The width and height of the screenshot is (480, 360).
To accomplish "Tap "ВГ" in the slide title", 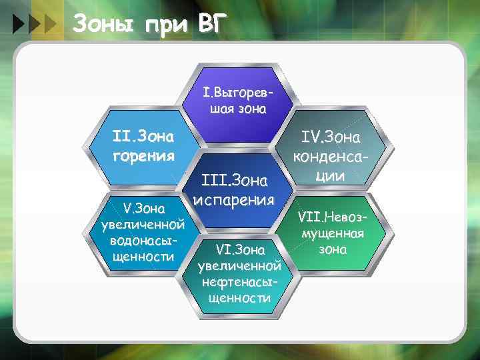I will [x=213, y=24].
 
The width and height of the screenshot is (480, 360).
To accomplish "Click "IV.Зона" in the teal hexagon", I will [x=331, y=139].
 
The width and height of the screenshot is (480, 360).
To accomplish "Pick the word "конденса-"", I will [x=331, y=157].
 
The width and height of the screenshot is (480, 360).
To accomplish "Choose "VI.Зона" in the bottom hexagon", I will [x=240, y=249].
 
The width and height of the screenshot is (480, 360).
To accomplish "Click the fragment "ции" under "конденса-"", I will [x=331, y=176].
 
